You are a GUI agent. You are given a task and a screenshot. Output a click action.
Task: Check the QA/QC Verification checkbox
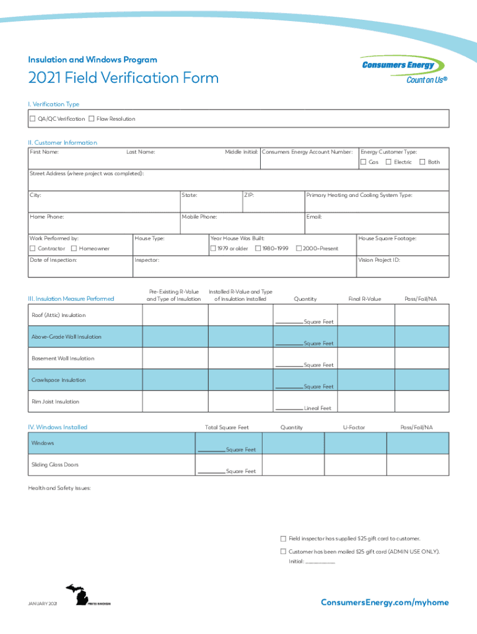[33, 118]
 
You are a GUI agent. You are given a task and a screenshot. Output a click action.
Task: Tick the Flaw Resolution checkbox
[92, 118]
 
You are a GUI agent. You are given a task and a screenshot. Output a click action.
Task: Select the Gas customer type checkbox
[364, 162]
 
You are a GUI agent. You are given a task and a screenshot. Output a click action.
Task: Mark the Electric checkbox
[388, 162]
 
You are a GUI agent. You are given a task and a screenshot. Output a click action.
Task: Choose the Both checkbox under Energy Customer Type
[422, 162]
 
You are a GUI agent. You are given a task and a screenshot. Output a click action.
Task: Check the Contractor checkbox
[33, 248]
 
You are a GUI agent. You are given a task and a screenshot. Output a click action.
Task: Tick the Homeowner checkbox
[74, 248]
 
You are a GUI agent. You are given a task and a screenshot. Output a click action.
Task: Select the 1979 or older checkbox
[213, 248]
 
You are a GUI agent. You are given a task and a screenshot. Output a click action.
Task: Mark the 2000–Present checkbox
[299, 248]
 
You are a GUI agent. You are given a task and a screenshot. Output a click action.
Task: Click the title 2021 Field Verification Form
[123, 78]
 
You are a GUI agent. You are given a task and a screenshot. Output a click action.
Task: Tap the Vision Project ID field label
[379, 260]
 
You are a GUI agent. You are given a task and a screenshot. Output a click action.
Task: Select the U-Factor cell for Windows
[354, 443]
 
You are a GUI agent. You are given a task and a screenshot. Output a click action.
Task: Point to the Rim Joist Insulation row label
[56, 402]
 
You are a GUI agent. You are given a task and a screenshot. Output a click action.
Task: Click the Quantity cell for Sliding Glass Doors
[292, 465]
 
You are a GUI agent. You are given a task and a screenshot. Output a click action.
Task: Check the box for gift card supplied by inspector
[283, 539]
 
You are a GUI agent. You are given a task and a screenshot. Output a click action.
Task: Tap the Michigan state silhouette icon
[79, 596]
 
